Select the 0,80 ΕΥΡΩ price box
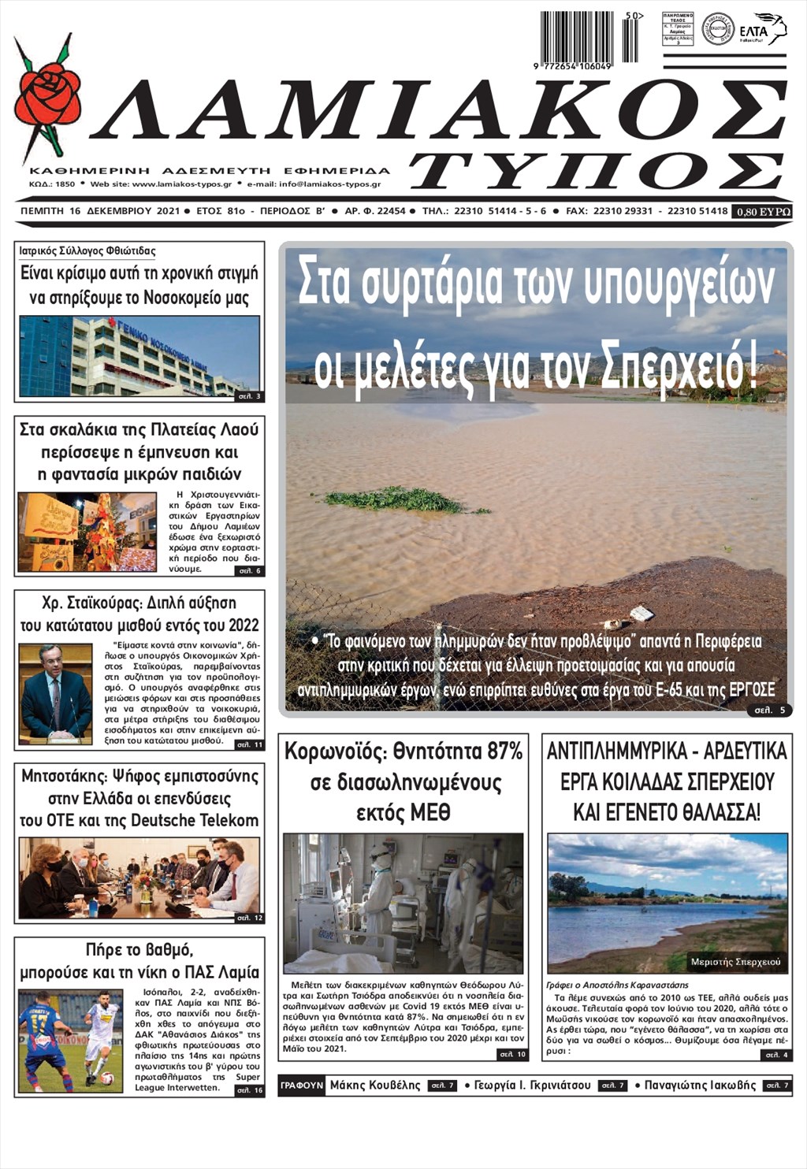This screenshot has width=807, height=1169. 762,211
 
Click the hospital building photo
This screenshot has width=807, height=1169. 139,356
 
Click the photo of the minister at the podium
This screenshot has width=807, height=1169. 56,694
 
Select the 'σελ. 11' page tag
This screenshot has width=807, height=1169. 251,744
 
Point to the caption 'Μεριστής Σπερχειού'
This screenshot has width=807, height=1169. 734,962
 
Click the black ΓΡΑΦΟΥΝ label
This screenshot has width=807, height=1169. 302,1085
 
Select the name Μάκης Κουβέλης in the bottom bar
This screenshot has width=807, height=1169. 375,1085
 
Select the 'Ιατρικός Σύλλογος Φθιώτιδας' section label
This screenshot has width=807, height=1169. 87,251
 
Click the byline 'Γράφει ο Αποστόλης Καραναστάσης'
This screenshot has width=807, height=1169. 617,985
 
